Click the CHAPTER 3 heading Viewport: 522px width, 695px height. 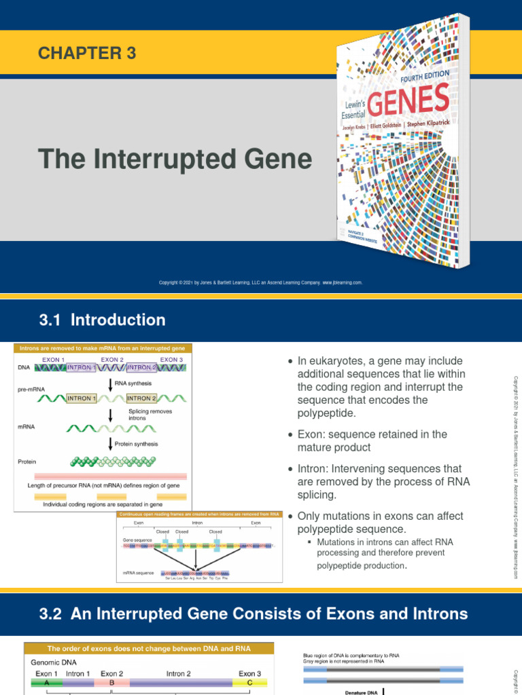pyautogui.click(x=88, y=54)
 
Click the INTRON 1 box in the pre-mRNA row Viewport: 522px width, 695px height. pyautogui.click(x=80, y=398)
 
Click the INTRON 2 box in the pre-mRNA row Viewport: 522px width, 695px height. pyautogui.click(x=141, y=398)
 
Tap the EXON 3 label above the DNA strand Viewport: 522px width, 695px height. pyautogui.click(x=171, y=360)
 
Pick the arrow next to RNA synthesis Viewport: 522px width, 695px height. pyautogui.click(x=110, y=385)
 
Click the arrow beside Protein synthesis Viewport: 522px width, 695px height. pyautogui.click(x=110, y=444)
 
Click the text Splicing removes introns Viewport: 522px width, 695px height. pyautogui.click(x=150, y=415)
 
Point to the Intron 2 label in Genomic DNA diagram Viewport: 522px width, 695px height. pyautogui.click(x=178, y=673)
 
